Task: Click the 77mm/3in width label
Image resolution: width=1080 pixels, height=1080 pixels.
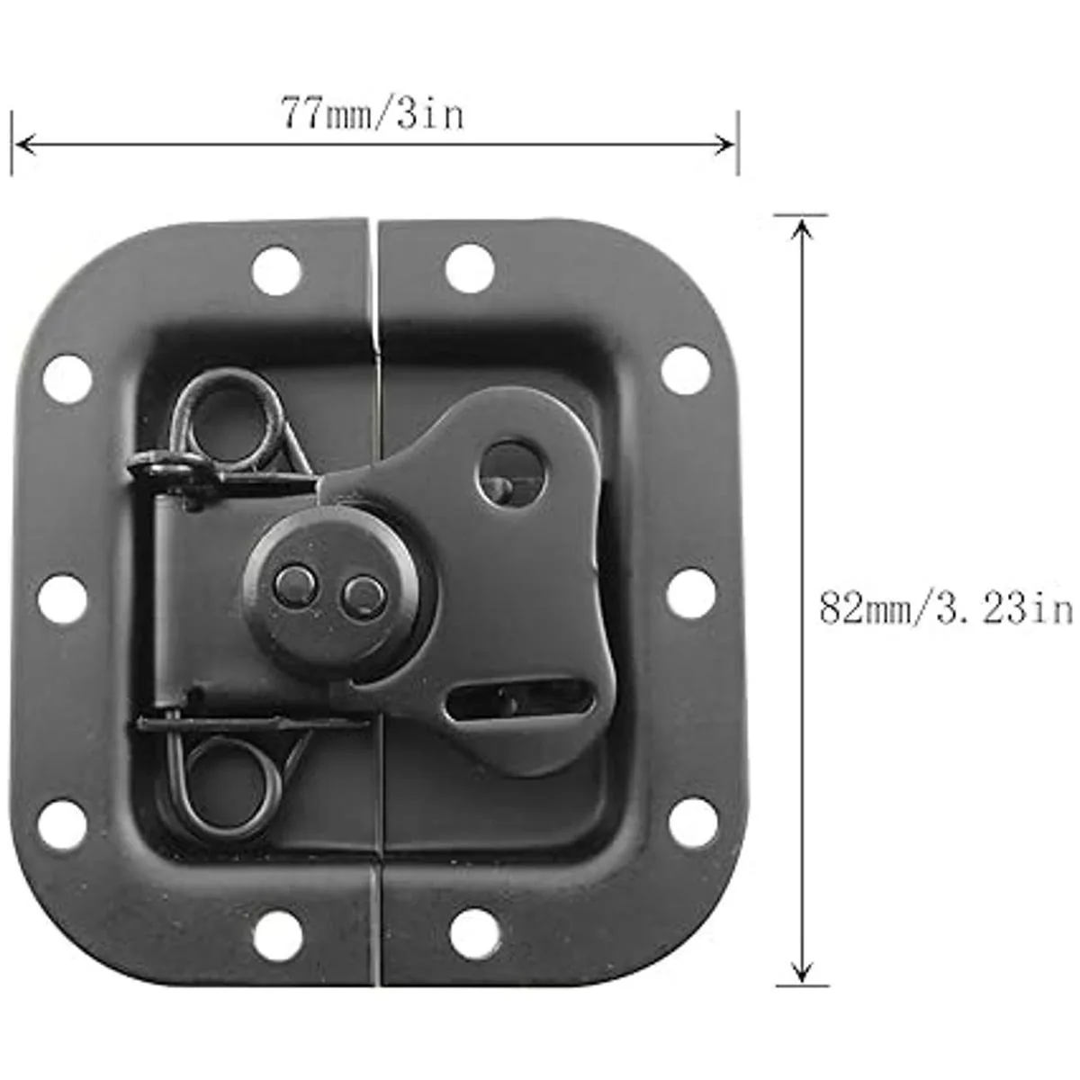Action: tap(372, 113)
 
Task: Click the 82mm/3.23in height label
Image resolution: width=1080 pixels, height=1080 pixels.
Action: tap(946, 608)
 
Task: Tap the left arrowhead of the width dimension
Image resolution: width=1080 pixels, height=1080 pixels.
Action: tap(25, 145)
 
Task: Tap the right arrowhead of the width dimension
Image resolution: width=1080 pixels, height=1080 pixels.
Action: tap(724, 145)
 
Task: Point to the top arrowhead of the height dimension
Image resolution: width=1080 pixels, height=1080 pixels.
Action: tap(802, 229)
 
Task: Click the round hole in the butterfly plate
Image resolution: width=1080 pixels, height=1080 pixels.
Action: tap(512, 473)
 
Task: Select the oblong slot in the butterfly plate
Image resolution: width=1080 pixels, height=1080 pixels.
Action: tap(521, 700)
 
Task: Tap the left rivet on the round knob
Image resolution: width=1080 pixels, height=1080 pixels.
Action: tap(294, 587)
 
